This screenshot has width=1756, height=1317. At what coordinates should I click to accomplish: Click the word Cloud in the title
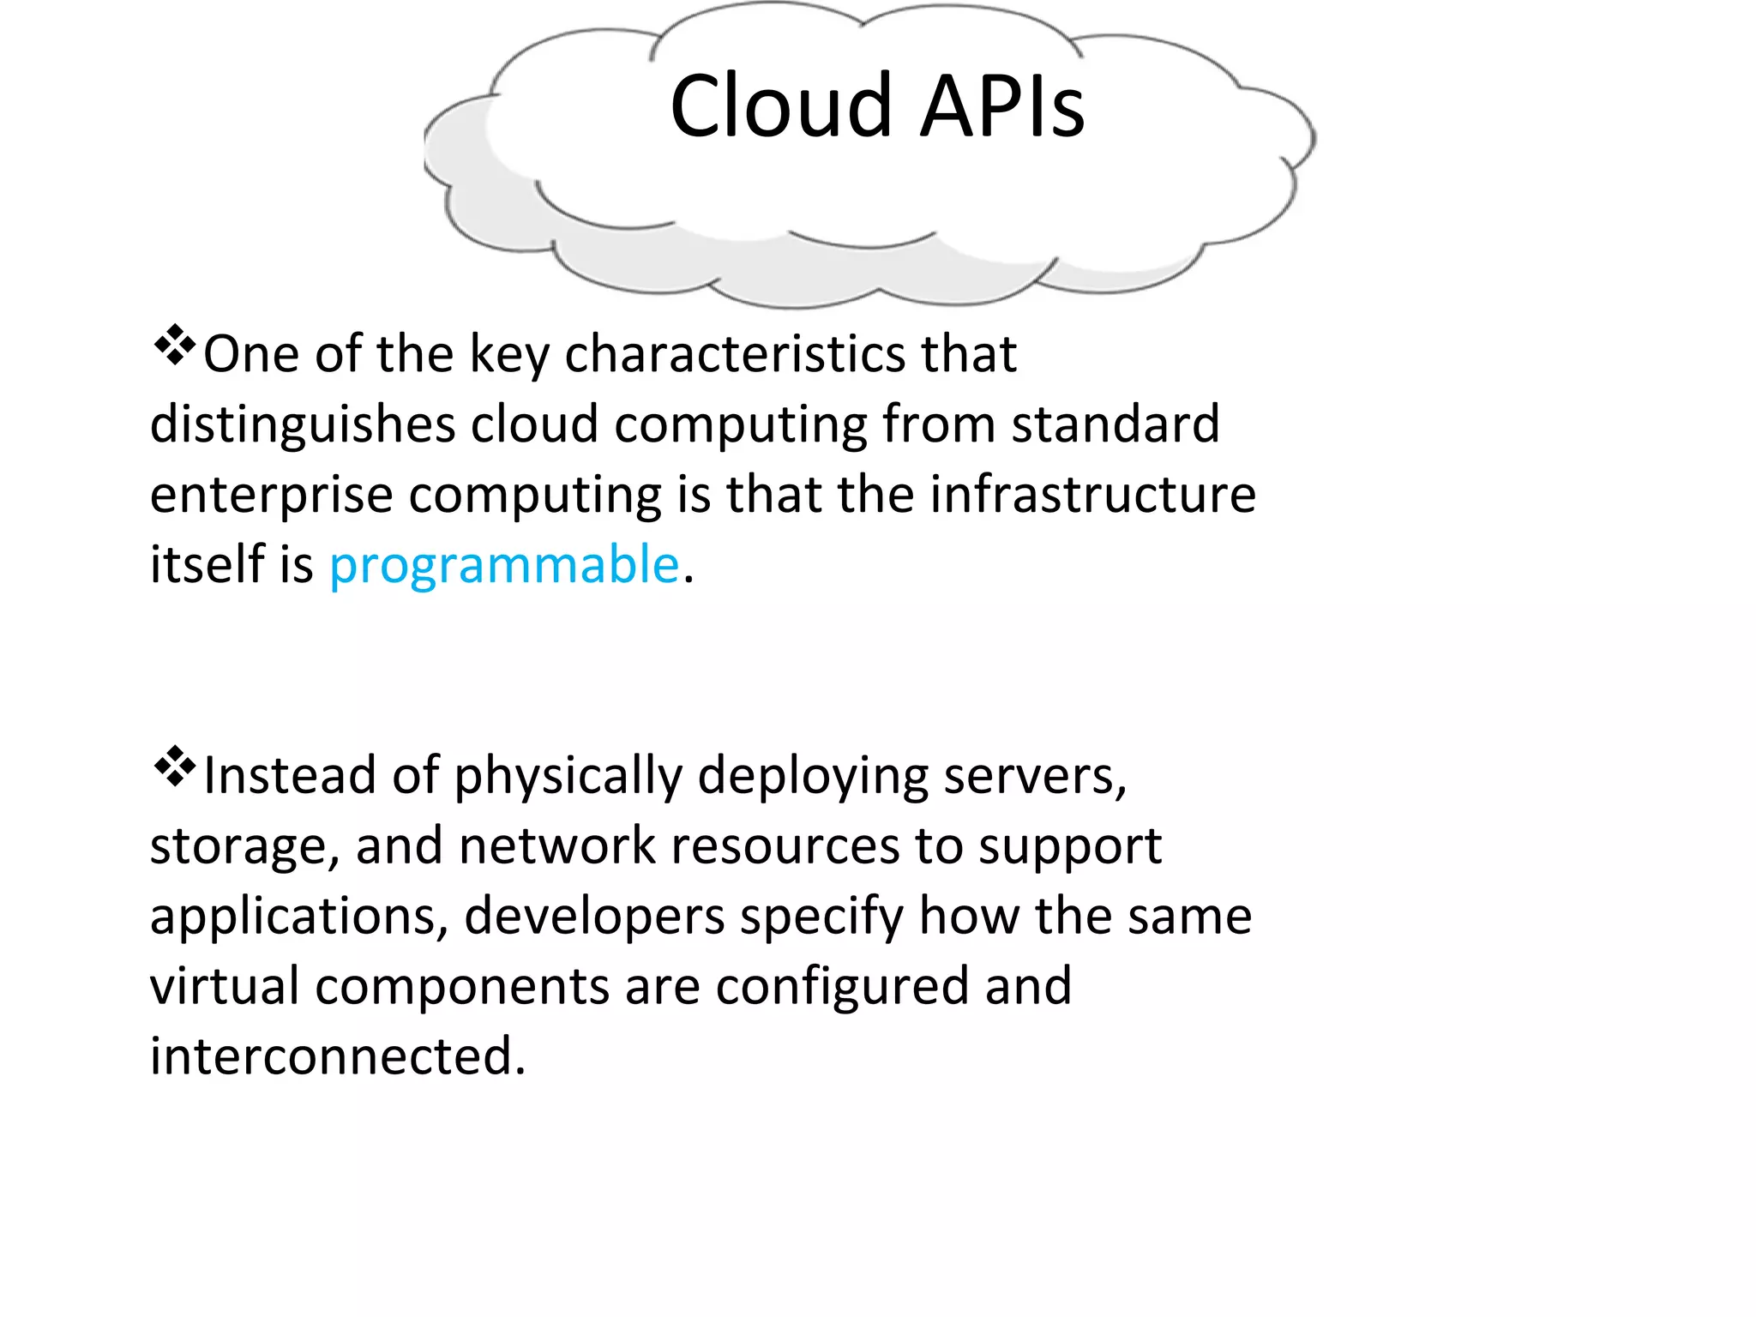tap(781, 106)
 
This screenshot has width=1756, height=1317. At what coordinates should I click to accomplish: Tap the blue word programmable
tap(504, 566)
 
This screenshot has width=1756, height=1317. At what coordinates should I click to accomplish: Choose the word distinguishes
tap(303, 425)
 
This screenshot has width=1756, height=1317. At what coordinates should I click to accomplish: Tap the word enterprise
tap(272, 496)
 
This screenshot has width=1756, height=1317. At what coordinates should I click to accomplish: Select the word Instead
tap(290, 775)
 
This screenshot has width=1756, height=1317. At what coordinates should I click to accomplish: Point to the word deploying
tap(813, 777)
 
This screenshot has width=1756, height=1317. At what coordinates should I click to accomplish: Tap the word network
tap(557, 845)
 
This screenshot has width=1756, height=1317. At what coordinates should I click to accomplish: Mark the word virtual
tap(225, 986)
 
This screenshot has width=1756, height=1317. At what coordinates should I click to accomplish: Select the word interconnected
tap(338, 1056)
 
